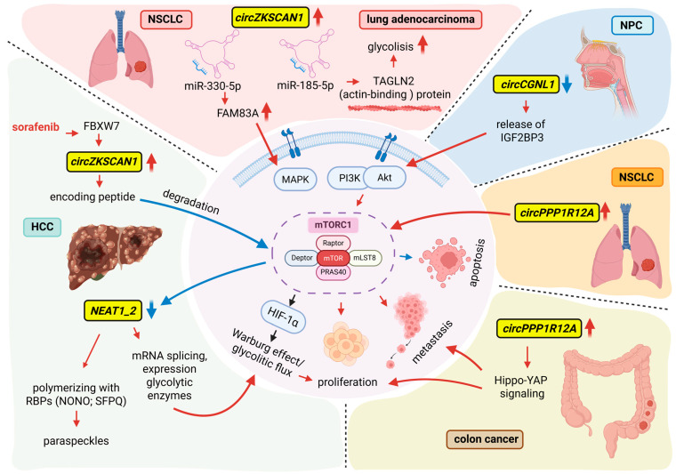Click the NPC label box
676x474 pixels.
pos(632,26)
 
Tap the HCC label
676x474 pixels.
pos(42,227)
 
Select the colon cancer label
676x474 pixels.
pos(485,439)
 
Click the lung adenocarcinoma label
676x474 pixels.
pos(421,20)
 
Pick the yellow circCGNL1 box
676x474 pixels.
pos(526,84)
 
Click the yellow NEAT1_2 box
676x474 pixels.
pos(113,310)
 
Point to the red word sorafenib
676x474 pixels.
pos(36,127)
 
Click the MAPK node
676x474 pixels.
pos(295,180)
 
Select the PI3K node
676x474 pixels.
pos(348,178)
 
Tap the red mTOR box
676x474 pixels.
pos(334,258)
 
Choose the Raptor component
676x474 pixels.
pos(334,243)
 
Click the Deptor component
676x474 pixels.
pos(302,258)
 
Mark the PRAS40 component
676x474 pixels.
pos(334,272)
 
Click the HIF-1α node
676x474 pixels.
pos(283,317)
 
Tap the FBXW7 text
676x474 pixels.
pos(101,126)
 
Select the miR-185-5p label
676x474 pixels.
pos(305,85)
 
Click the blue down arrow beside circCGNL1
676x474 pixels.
pos(567,84)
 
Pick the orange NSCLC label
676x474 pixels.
pos(636,177)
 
